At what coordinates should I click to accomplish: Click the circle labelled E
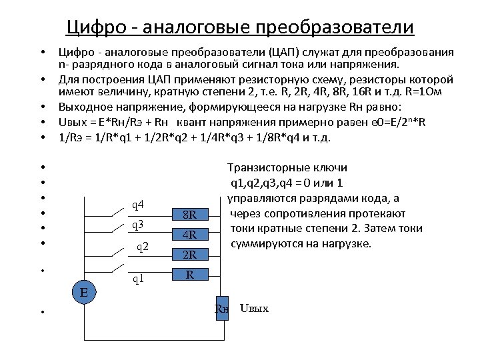[84, 291]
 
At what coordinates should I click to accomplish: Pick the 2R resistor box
[190, 254]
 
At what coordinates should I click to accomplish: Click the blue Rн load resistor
[221, 308]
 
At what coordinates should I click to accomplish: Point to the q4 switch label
[139, 204]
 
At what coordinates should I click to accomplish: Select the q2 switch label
[142, 247]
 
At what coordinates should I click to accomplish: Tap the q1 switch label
[138, 279]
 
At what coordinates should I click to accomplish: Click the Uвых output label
[253, 309]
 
